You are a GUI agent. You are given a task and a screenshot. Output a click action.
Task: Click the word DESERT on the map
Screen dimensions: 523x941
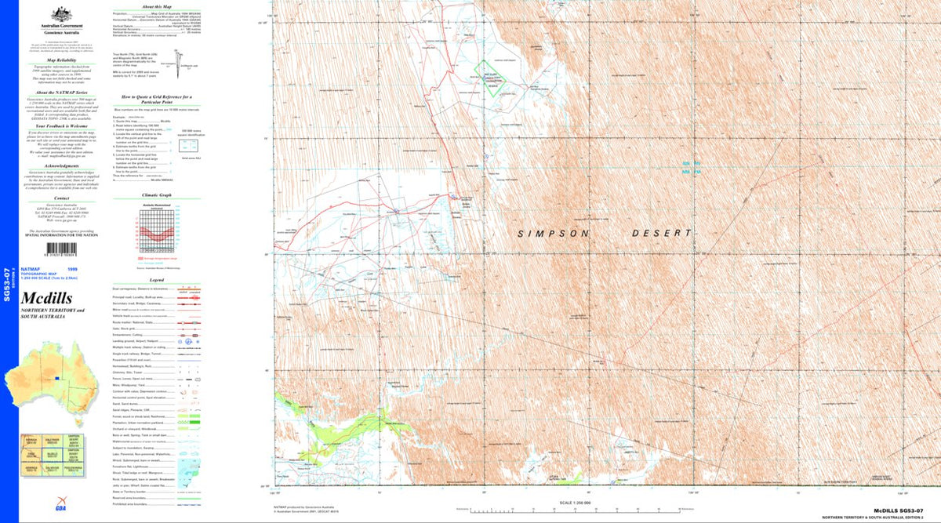pyautogui.click(x=663, y=233)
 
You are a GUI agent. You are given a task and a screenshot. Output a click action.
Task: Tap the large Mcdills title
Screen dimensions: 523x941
pyautogui.click(x=47, y=298)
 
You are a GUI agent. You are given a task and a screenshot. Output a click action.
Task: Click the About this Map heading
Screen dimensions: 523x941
pyautogui.click(x=149, y=5)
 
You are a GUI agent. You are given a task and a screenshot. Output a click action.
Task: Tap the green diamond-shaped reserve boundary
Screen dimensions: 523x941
pyautogui.click(x=497, y=77)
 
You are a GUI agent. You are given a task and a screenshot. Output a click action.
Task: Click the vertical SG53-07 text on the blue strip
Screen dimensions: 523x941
pyautogui.click(x=8, y=283)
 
